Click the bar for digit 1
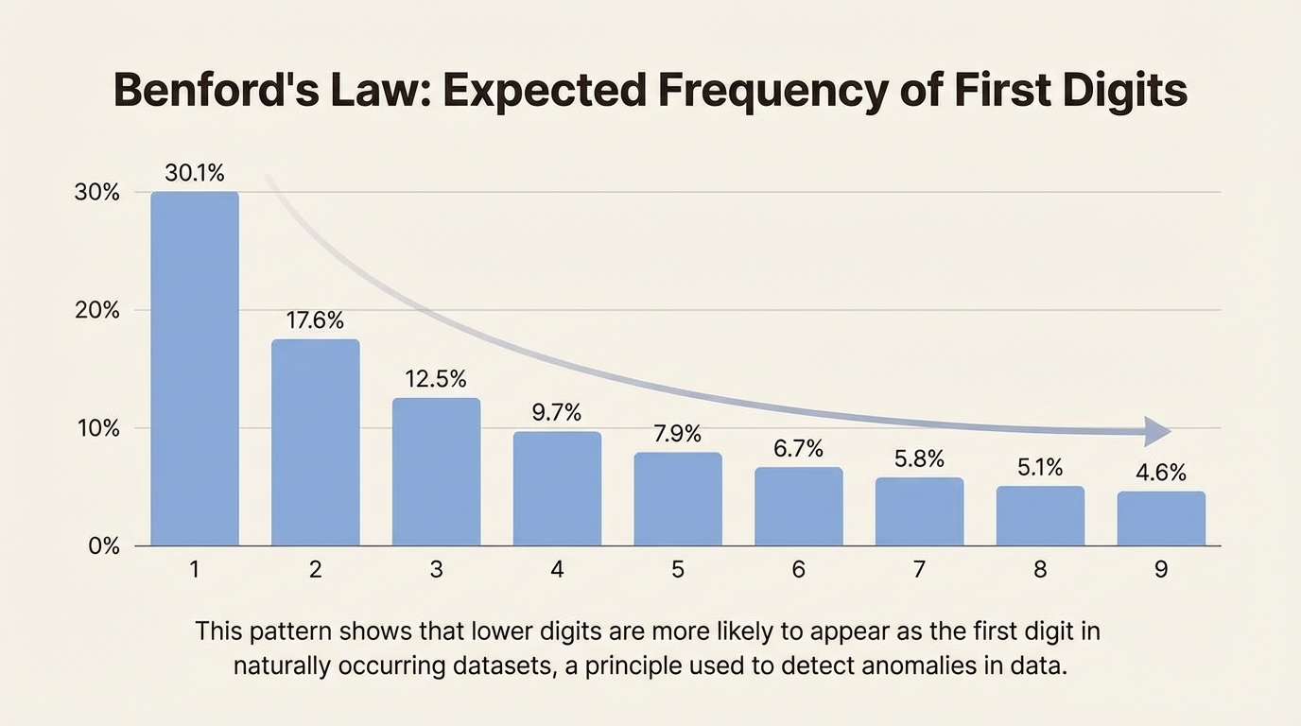195,369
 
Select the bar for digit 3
436,472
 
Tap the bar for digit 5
678,499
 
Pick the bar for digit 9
1161,518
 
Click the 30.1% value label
194,173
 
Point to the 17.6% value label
315,320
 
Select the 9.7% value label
557,412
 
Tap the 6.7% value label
798,448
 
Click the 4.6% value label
1160,473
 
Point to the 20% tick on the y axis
96,311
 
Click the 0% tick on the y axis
102,546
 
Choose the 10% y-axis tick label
96,429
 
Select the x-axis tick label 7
919,570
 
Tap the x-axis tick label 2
315,570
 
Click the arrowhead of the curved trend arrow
1158,430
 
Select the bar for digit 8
1040,516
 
